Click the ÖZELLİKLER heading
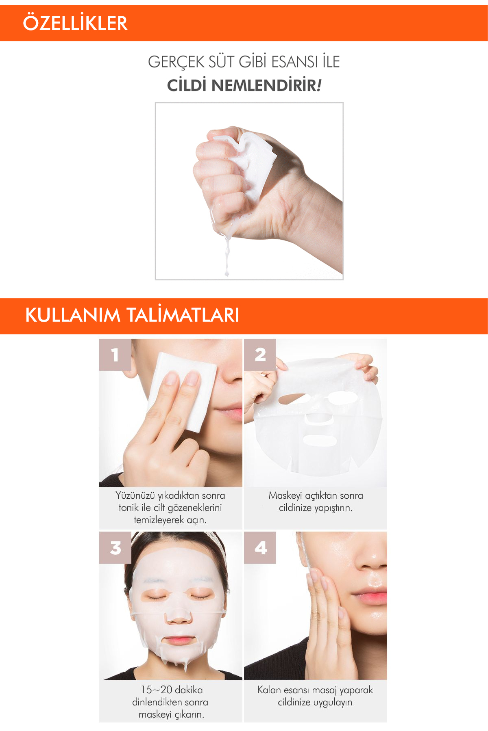point(75,23)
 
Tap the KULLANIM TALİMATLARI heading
point(132,316)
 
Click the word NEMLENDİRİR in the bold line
point(264,86)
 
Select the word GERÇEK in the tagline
point(176,62)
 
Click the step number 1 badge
point(115,355)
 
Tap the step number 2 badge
point(260,355)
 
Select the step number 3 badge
point(115,548)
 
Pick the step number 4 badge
point(260,548)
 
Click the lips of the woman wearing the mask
point(178,640)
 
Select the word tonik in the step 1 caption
point(128,508)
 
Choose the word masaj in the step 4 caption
point(321,690)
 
